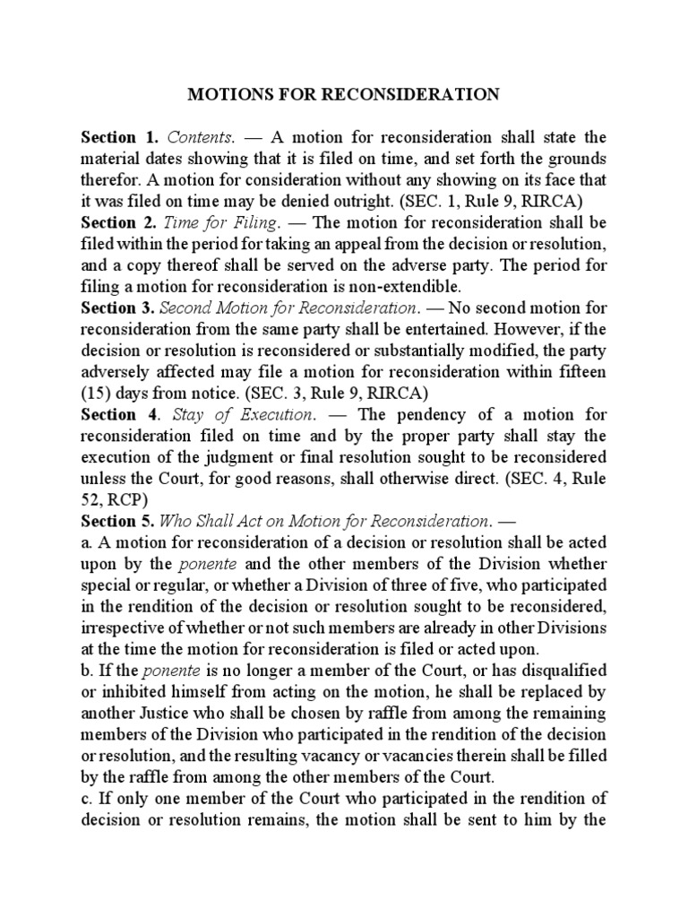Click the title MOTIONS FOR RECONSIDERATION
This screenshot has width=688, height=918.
tap(344, 94)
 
